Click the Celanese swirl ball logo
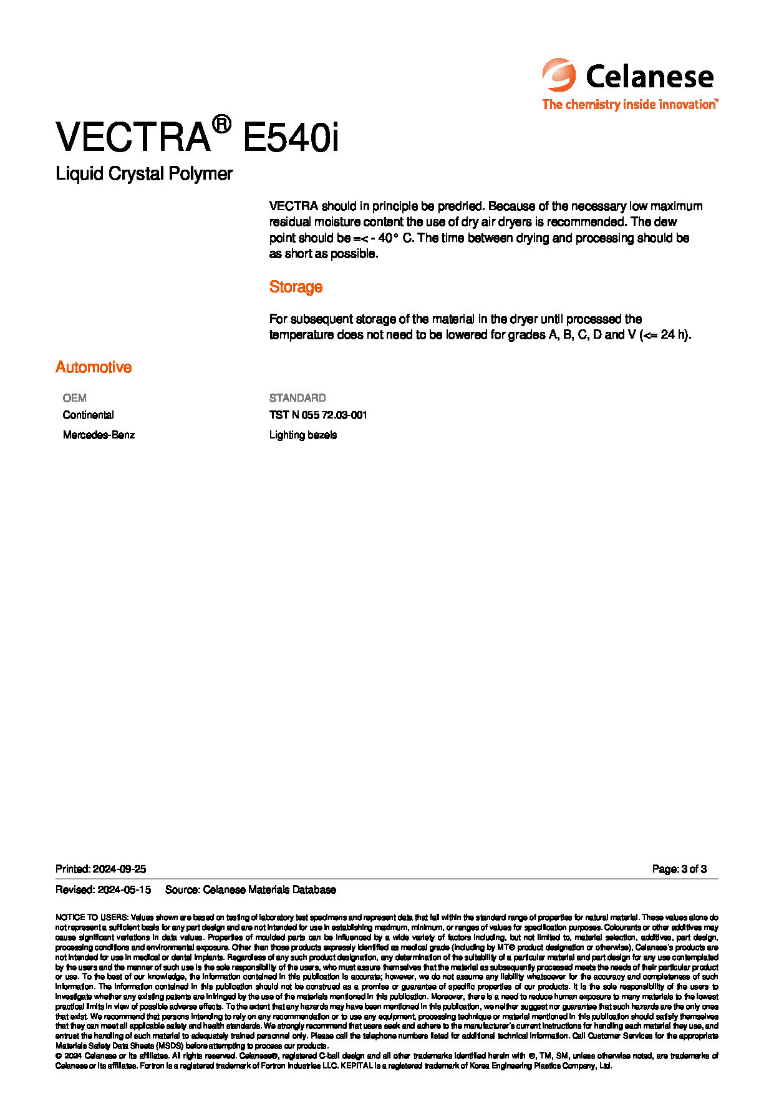pos(558,75)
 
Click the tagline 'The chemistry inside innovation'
pos(629,105)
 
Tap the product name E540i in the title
pos(291,137)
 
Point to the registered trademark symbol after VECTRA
pos(221,124)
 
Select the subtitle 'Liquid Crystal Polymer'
pos(144,173)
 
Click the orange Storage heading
pos(296,287)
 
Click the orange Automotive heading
pos(94,367)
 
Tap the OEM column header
pos(74,398)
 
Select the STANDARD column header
pos(298,398)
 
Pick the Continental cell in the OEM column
pos(88,415)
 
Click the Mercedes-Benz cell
pos(99,435)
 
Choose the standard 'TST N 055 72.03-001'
pos(318,415)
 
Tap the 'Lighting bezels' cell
pos(303,435)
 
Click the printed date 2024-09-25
pos(119,869)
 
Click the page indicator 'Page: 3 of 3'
pos(679,869)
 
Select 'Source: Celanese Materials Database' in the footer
pos(250,889)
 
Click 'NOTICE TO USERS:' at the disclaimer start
pos(92,918)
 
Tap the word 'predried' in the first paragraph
pos(460,206)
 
